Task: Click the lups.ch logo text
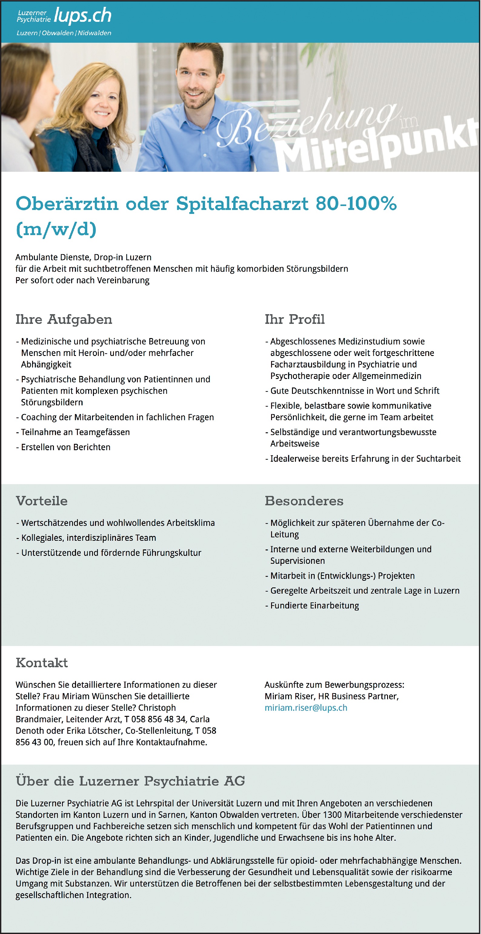[x=82, y=15]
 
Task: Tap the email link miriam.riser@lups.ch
[x=306, y=707]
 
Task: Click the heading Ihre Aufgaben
[x=64, y=319]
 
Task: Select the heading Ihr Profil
[x=294, y=319]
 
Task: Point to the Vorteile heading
[x=42, y=501]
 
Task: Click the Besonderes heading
[x=304, y=501]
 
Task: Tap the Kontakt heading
[x=42, y=663]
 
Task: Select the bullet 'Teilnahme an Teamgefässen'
[x=75, y=432]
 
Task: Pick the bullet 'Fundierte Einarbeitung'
[x=314, y=606]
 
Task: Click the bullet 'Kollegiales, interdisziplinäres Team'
[x=88, y=538]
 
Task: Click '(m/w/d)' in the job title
[x=56, y=229]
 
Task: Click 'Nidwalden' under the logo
[x=94, y=33]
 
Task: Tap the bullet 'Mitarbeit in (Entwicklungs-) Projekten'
[x=342, y=576]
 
